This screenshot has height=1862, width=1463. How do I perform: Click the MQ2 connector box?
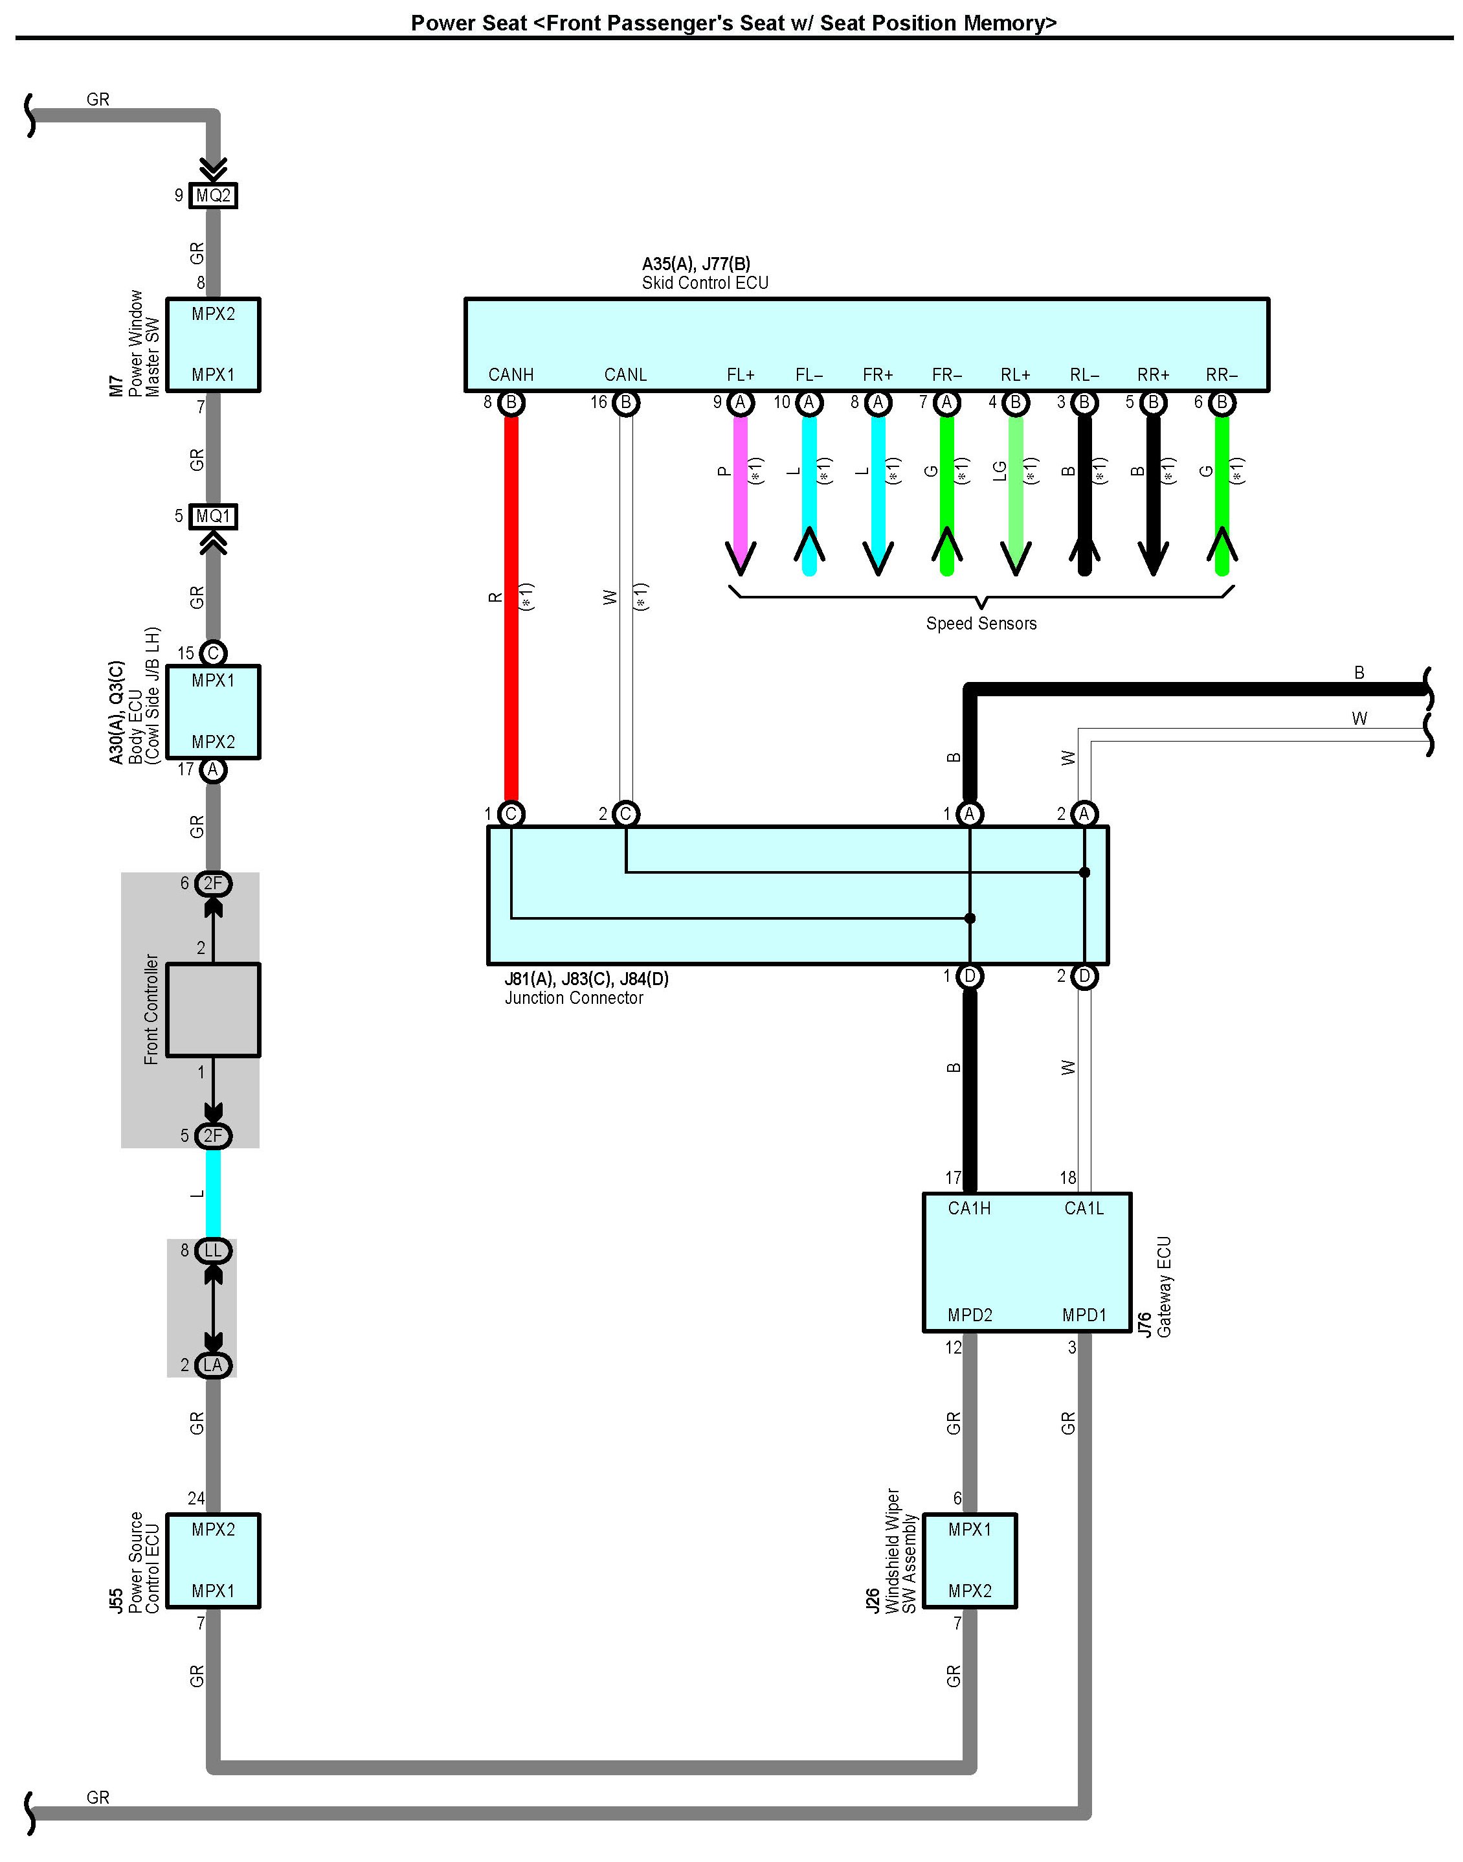213,196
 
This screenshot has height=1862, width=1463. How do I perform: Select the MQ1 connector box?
213,517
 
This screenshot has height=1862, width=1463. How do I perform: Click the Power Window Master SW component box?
213,345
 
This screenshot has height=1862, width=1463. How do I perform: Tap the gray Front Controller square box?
213,1010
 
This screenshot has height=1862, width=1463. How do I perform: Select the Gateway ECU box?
1027,1262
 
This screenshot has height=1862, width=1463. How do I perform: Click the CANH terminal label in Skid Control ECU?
511,374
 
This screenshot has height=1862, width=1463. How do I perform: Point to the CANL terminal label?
625,374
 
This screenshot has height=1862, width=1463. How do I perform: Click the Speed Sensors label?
981,623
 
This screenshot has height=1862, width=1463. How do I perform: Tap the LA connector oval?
213,1365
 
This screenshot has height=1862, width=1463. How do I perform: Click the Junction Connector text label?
574,997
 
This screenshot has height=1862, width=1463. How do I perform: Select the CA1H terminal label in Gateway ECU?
970,1209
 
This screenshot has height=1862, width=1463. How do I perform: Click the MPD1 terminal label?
1084,1315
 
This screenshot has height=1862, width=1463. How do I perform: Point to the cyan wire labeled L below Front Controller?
213,1194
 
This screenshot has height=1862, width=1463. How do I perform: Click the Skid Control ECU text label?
705,283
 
